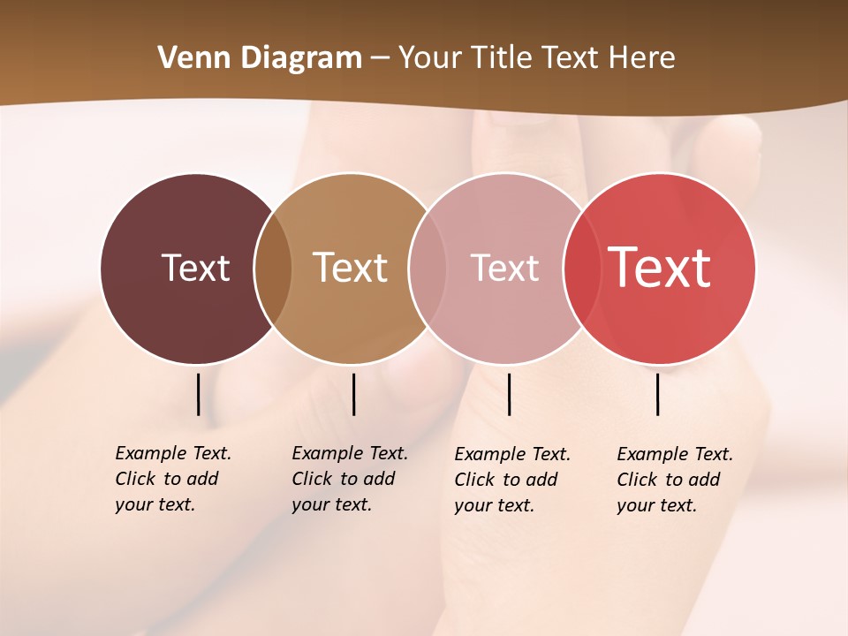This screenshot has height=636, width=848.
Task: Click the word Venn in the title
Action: [186, 58]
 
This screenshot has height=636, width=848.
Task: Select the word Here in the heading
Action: [642, 58]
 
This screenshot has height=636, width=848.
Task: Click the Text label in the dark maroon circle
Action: [195, 268]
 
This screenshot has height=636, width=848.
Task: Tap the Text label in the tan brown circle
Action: [350, 268]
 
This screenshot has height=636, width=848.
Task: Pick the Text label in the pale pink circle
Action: [504, 268]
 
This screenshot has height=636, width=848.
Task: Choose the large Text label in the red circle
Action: [659, 268]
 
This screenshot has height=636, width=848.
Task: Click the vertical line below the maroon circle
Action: [199, 394]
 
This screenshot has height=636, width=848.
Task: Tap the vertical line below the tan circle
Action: [353, 394]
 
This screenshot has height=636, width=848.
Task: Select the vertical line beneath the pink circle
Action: [510, 394]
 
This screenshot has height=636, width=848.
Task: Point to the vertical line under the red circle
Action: [658, 394]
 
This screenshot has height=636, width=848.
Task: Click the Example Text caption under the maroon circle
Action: [172, 479]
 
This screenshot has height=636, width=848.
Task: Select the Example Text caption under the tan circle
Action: [349, 479]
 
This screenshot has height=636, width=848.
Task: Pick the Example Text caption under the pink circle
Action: [511, 480]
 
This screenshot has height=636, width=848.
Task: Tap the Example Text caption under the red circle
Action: [674, 480]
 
